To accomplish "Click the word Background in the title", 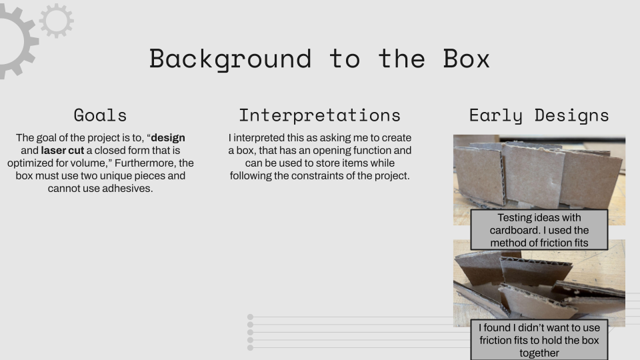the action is click(x=230, y=59).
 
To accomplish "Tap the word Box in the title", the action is click(x=466, y=59).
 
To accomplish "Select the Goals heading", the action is click(x=100, y=115).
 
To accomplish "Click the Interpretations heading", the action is click(x=319, y=115).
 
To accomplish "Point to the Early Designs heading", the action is click(x=539, y=115).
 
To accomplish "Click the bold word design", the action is click(x=168, y=138).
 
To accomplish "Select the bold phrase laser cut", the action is click(x=63, y=151).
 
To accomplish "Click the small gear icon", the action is click(x=56, y=21).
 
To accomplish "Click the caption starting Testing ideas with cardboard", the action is click(x=539, y=230).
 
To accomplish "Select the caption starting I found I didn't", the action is click(x=539, y=340).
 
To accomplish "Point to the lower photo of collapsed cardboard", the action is click(x=539, y=283).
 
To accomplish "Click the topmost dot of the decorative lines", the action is click(x=250, y=317).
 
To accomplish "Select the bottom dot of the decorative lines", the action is click(x=250, y=348).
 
